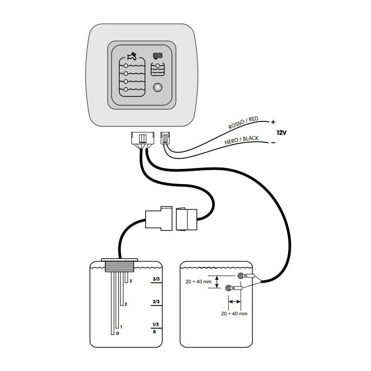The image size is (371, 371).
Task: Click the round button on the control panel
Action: click(x=158, y=87)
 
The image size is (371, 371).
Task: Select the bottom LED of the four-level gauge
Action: click(x=126, y=89)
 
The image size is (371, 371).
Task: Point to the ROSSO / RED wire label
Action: click(x=243, y=122)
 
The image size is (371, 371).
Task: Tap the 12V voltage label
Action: click(x=281, y=132)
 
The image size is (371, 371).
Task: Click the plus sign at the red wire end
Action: click(x=273, y=122)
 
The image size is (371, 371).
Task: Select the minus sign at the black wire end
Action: click(x=273, y=142)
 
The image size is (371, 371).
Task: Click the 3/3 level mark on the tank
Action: click(x=156, y=280)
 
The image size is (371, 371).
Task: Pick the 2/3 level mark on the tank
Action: click(x=156, y=302)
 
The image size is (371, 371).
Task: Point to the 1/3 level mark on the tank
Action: click(x=156, y=324)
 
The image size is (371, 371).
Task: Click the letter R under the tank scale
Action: click(x=154, y=332)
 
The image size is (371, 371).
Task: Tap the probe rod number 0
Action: click(x=118, y=333)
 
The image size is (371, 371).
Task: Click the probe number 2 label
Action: click(x=126, y=304)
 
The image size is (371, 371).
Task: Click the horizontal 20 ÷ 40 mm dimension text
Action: click(x=235, y=313)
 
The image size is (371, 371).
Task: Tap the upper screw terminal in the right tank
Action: click(x=241, y=276)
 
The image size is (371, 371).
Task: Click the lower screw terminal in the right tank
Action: click(x=229, y=288)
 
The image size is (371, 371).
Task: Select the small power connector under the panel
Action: click(x=165, y=138)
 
